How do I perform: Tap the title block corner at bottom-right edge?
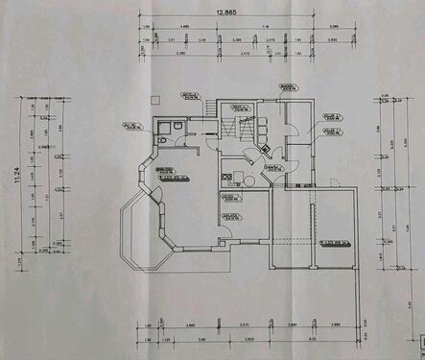(x=419, y=338)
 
